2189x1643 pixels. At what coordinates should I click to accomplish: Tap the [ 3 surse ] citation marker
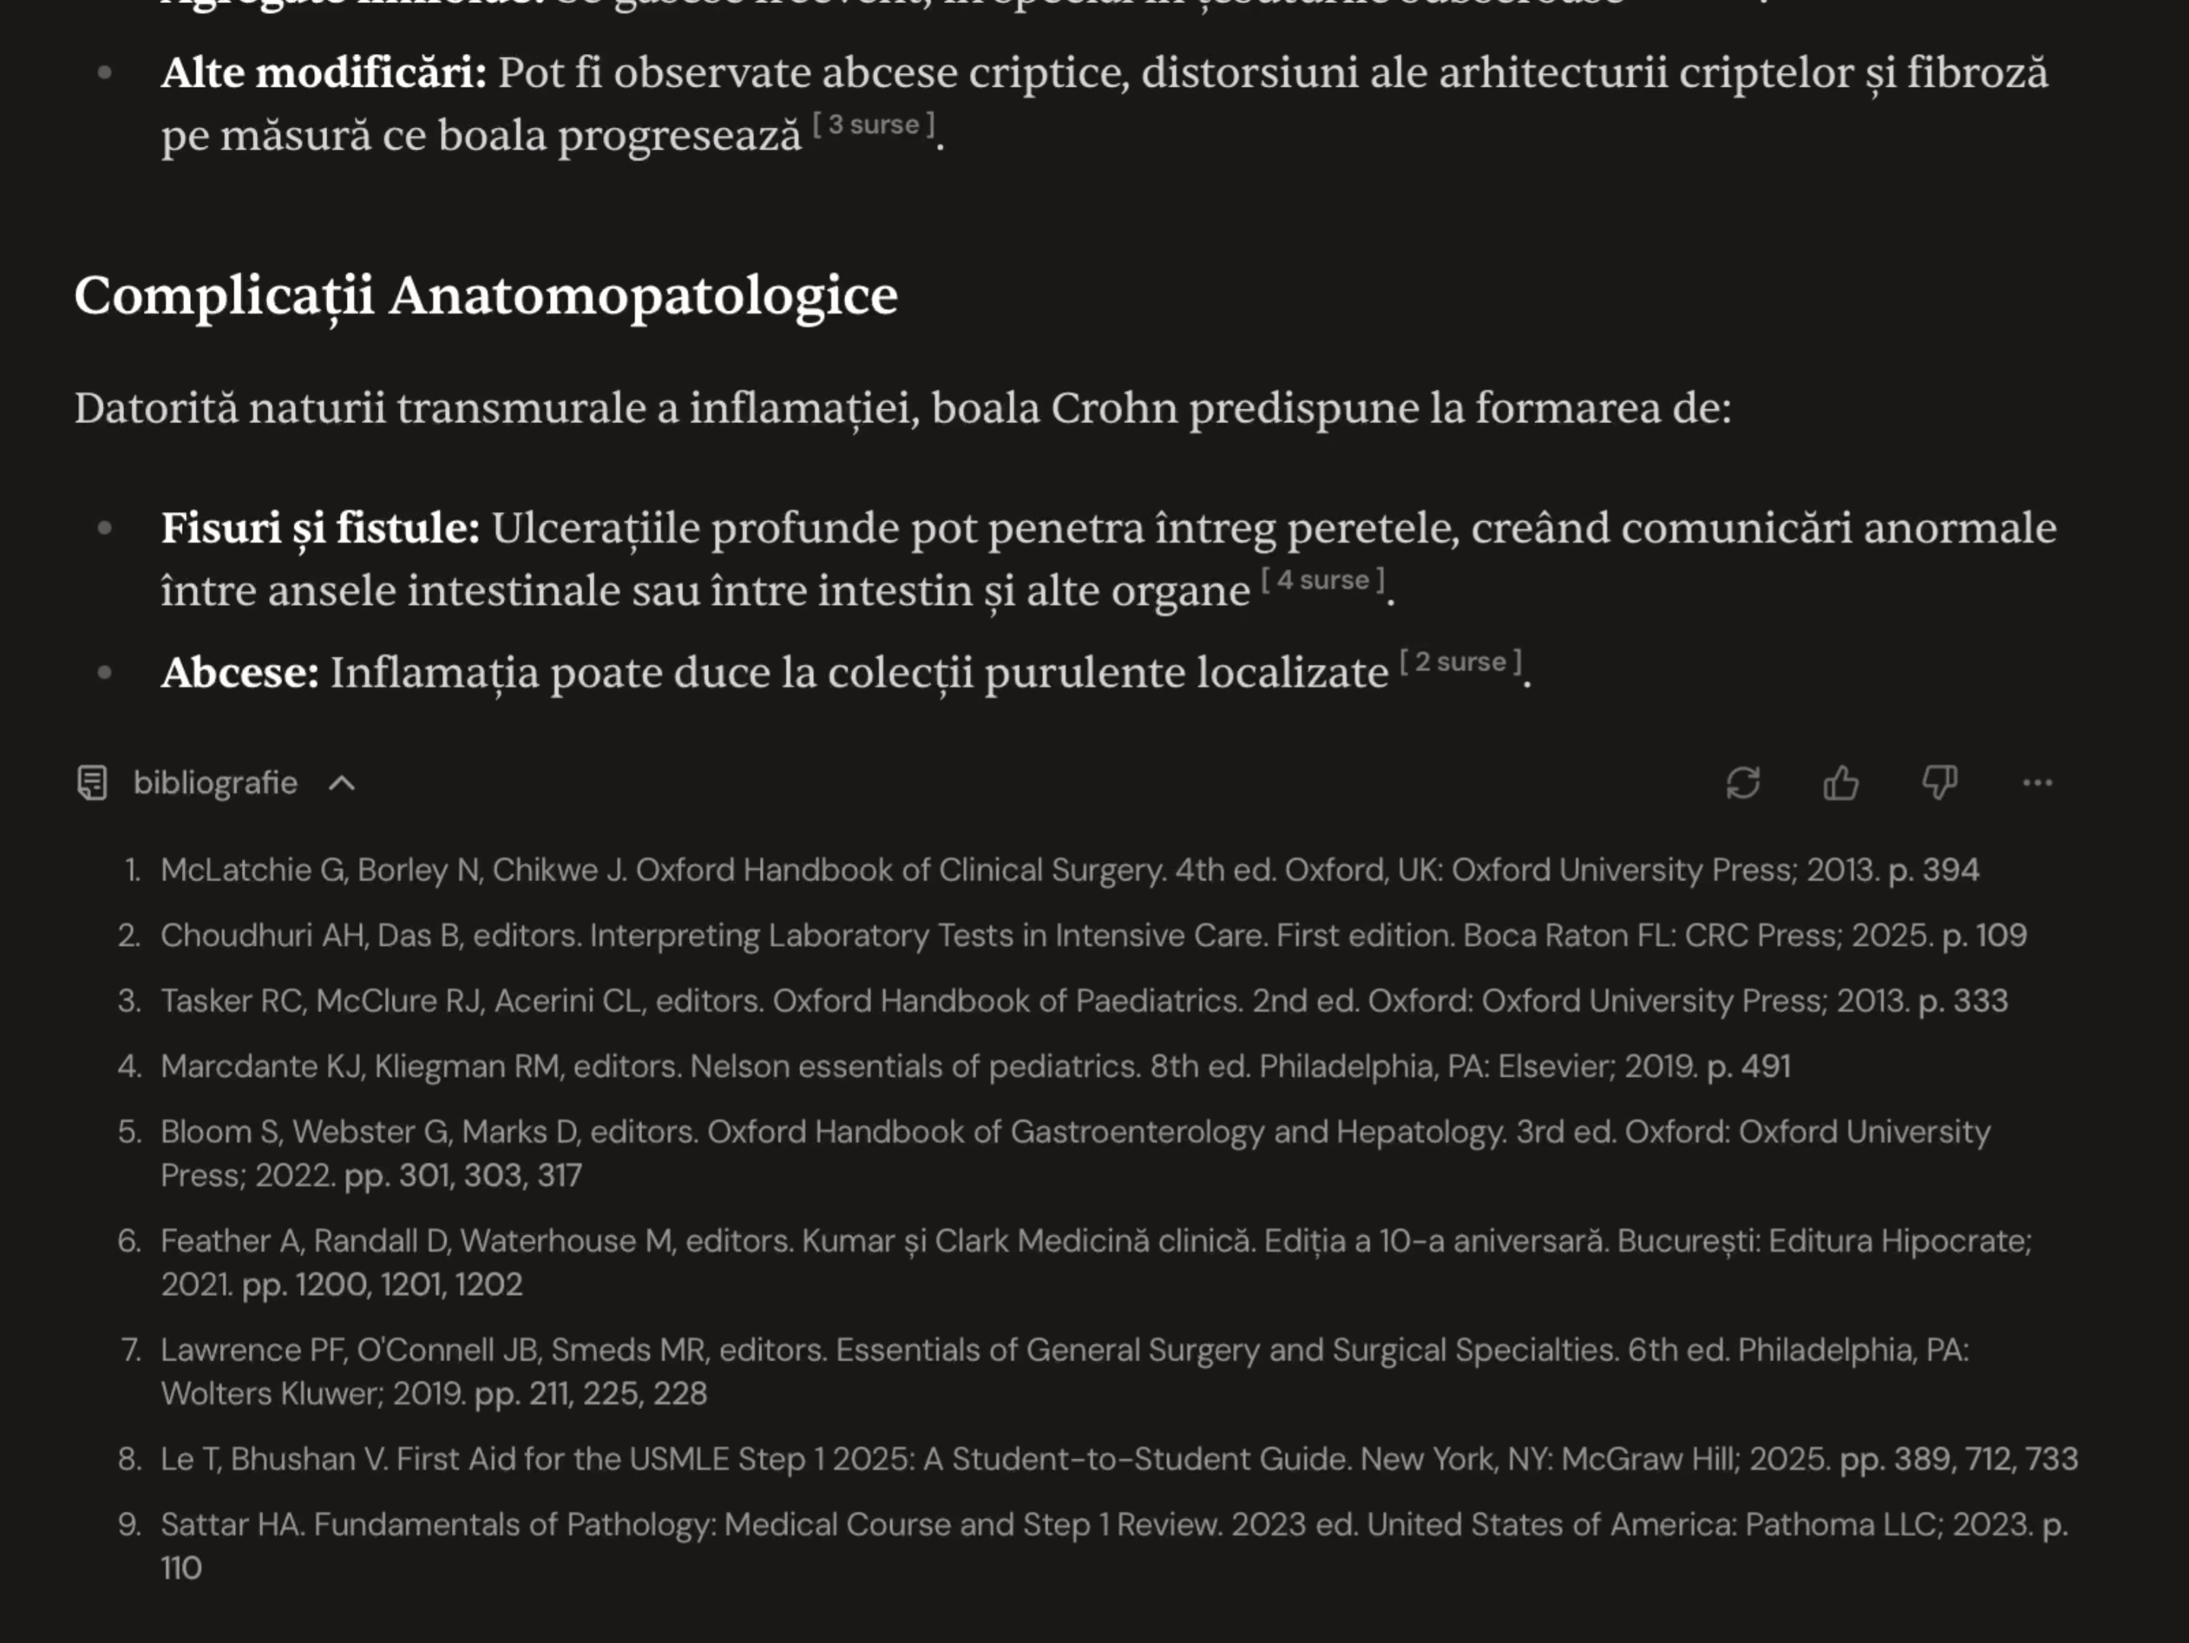coord(873,125)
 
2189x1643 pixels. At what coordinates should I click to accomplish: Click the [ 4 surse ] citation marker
coord(1322,580)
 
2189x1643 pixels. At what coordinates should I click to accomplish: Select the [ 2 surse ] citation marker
coord(1460,663)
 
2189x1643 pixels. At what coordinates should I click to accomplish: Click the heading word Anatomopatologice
coord(643,295)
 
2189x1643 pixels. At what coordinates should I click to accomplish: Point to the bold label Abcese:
coord(240,673)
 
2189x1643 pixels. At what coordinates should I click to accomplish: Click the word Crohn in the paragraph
coord(1114,408)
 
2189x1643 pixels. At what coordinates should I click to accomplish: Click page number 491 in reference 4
coord(1765,1066)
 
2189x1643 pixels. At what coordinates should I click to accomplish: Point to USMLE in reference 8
coord(679,1459)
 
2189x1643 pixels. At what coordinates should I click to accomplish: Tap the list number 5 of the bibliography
coord(129,1131)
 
